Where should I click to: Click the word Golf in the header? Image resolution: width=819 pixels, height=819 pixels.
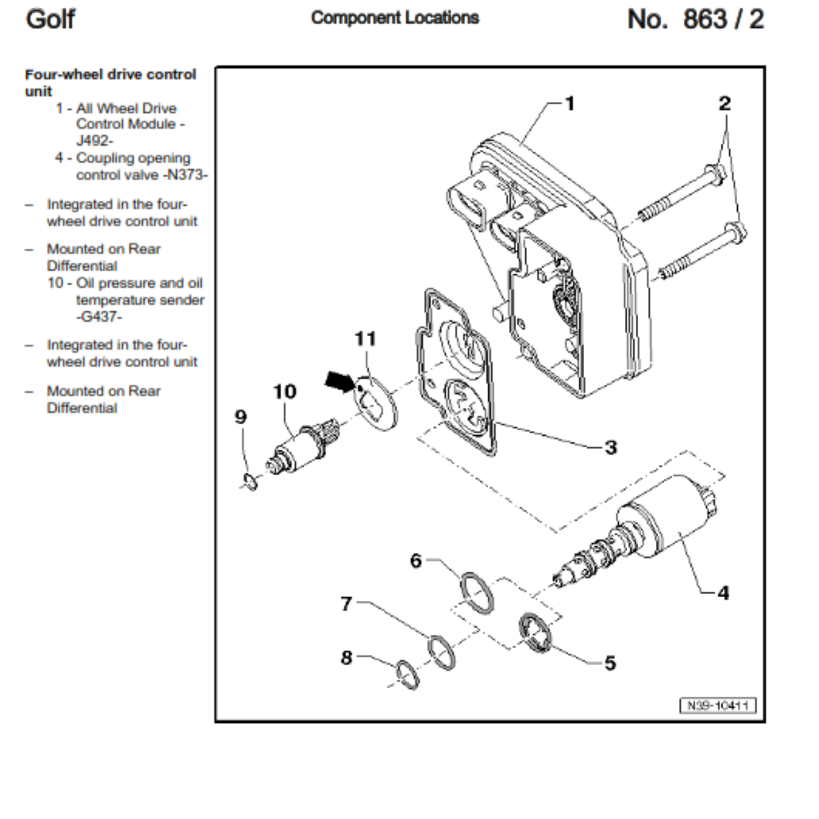pyautogui.click(x=50, y=19)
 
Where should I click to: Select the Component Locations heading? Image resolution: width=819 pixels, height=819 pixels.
pyautogui.click(x=395, y=18)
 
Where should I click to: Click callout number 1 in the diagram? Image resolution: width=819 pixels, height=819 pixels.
pyautogui.click(x=570, y=103)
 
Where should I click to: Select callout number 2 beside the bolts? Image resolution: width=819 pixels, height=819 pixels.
pyautogui.click(x=725, y=104)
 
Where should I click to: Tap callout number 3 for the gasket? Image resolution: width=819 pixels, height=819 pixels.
pyautogui.click(x=610, y=447)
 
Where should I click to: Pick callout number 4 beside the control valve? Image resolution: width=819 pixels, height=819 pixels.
pyautogui.click(x=722, y=592)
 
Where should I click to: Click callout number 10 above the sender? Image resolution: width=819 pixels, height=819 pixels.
pyautogui.click(x=284, y=392)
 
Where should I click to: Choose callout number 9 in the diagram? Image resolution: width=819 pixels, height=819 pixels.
pyautogui.click(x=240, y=418)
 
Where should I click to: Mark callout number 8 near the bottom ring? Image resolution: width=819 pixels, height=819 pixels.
pyautogui.click(x=346, y=658)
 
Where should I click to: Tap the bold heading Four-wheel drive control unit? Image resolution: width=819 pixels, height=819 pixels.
pyautogui.click(x=110, y=82)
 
